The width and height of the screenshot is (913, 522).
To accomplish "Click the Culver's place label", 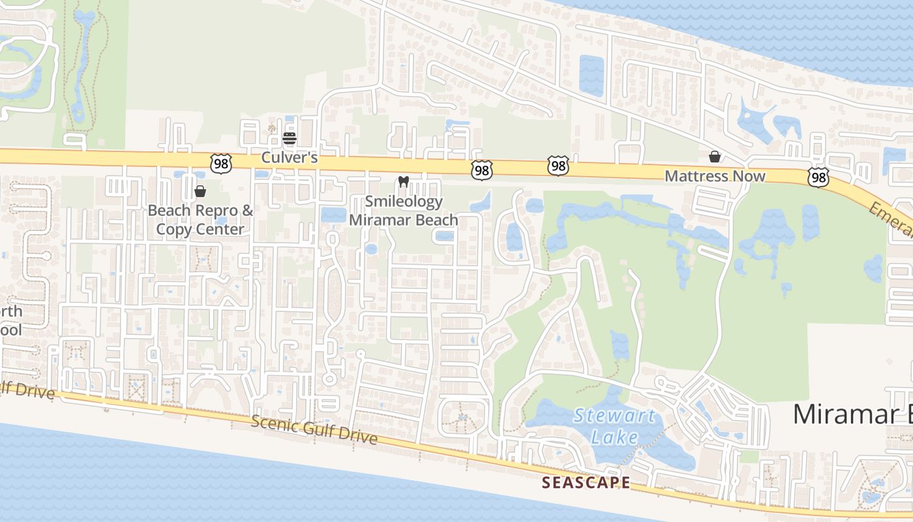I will pos(289,158).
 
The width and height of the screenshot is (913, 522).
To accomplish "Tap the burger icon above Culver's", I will pos(290,138).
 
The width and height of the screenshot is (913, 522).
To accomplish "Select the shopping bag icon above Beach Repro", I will pos(200,191).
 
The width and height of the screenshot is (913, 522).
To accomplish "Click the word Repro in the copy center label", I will pos(218,210).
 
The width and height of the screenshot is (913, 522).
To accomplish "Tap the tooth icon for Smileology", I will pos(403,182).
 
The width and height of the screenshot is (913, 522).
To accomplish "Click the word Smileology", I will pos(404,202).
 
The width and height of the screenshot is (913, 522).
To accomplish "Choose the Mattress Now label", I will pos(715,176).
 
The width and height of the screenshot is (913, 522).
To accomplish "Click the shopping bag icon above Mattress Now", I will pos(715,157).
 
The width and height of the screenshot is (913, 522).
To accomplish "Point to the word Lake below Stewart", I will pos(614,436).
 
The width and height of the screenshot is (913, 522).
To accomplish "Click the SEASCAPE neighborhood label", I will pos(586,483).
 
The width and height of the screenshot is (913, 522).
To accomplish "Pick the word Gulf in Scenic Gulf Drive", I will pos(318,431).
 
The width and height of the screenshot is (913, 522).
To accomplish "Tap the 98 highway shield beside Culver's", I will pos(221,164).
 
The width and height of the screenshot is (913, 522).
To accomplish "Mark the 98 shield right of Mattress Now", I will pos(818,177).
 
